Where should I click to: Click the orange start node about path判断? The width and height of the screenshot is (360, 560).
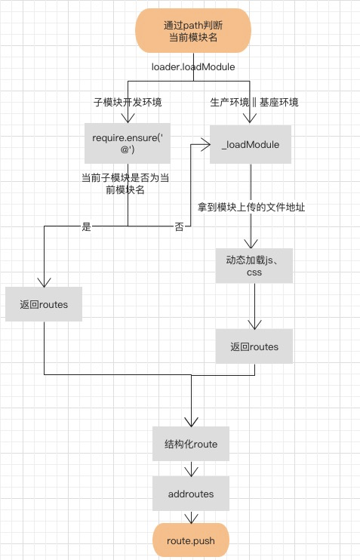click(193, 31)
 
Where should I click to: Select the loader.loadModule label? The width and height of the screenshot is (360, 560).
click(193, 66)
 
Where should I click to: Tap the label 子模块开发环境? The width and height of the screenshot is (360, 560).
click(128, 102)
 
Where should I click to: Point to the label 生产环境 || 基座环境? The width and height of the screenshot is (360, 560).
click(254, 102)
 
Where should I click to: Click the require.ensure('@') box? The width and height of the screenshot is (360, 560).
click(128, 143)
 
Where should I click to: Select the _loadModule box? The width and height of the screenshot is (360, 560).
click(251, 144)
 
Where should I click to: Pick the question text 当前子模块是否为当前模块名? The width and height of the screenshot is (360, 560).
click(125, 183)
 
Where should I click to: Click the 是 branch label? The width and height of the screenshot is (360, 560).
click(87, 226)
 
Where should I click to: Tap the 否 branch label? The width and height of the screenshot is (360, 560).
click(179, 226)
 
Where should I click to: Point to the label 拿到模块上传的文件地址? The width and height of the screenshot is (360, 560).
click(251, 207)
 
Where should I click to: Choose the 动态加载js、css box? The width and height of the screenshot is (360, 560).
click(254, 266)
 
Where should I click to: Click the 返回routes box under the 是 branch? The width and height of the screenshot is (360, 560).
click(44, 304)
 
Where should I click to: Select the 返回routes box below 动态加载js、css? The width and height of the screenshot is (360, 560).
click(254, 346)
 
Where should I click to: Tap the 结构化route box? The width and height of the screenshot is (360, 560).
click(191, 444)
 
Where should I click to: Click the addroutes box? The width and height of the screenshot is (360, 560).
click(191, 494)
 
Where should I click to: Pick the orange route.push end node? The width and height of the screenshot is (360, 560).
click(191, 540)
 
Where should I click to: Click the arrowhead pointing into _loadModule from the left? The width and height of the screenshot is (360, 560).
click(206, 145)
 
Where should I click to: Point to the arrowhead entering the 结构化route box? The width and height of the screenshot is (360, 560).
click(192, 422)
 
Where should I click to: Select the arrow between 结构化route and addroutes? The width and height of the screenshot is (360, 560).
click(192, 469)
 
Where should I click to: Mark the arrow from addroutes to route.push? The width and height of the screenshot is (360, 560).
click(192, 517)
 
